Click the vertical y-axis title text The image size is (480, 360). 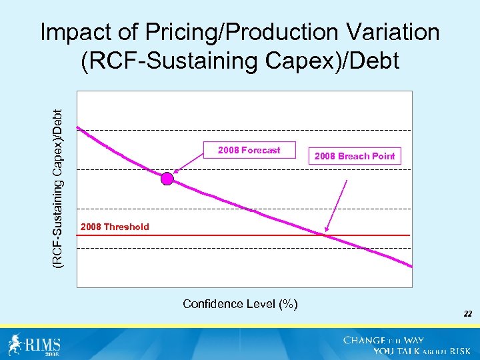coord(59,180)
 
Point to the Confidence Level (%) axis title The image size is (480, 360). coord(240,304)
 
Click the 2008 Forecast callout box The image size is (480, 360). coord(249,151)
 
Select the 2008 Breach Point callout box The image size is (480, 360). coord(355,156)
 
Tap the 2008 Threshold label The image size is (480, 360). coord(115,227)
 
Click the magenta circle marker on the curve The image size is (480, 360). coord(167,179)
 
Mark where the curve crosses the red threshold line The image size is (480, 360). coord(325,235)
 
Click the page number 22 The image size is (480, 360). coord(468,312)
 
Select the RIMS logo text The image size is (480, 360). coord(44,344)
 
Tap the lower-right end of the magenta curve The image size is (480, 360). coord(409,266)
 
